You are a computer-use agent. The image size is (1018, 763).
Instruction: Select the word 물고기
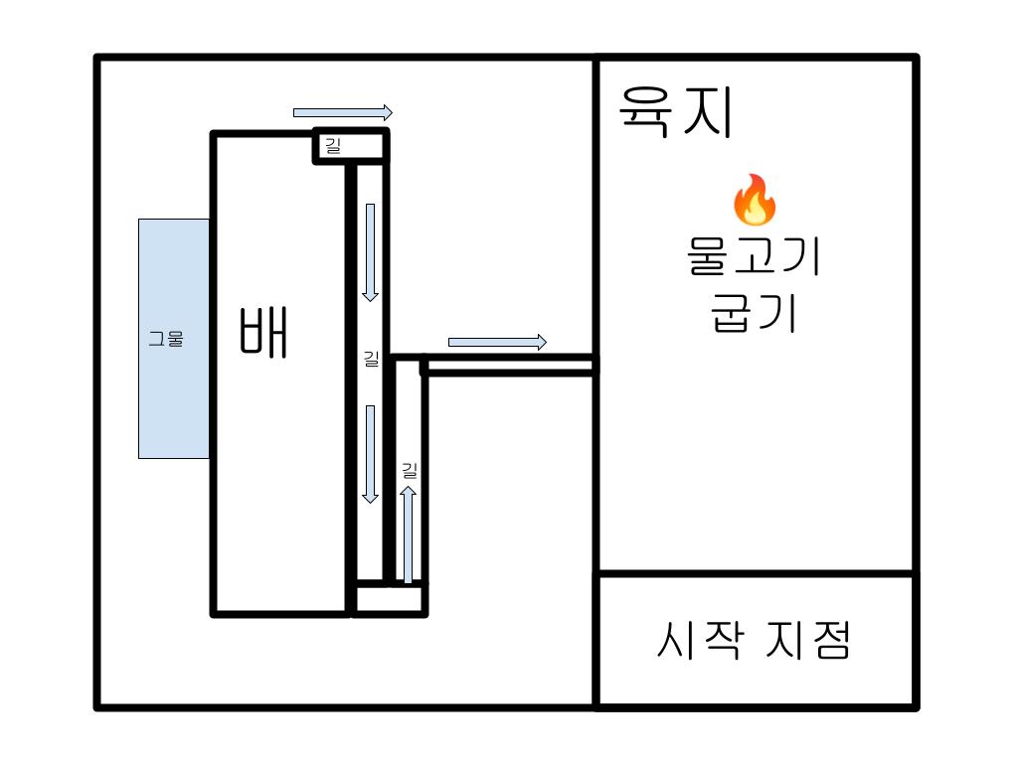tap(754, 256)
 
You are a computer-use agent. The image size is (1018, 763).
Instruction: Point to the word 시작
tap(700, 641)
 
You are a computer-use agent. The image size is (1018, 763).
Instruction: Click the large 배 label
tap(263, 333)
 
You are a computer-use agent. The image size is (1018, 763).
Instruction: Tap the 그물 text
tap(166, 339)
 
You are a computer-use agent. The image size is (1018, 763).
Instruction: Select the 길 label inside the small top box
tap(332, 146)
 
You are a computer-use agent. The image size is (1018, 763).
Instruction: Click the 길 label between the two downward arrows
tap(371, 359)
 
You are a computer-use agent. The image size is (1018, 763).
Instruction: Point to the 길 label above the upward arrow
tap(409, 470)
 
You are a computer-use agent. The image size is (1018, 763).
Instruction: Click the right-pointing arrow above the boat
tap(342, 112)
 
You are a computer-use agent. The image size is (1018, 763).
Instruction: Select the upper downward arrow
tap(370, 251)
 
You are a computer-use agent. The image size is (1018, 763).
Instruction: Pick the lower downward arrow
tap(370, 454)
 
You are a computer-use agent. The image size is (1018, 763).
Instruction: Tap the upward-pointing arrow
tap(408, 534)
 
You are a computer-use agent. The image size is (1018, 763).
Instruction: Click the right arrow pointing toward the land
tap(497, 343)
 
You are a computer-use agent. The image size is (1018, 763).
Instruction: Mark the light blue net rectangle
tap(174, 397)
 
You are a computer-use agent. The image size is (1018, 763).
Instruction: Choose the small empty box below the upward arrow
tap(390, 600)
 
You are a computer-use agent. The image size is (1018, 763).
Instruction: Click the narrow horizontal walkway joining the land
tap(510, 366)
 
